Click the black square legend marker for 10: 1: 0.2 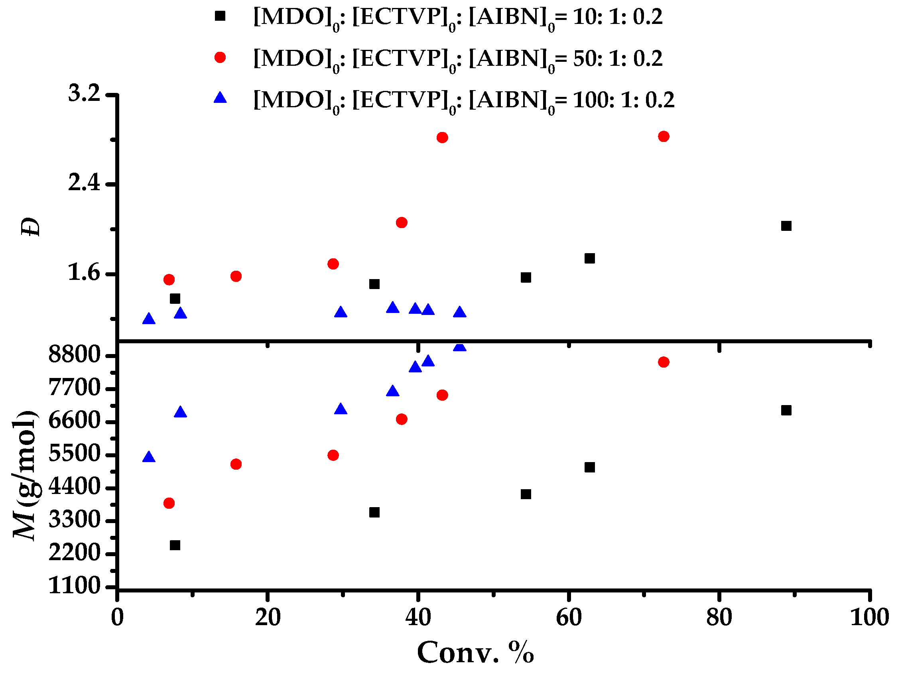point(220,16)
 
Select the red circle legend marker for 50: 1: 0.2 point(220,57)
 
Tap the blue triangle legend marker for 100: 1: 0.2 point(220,98)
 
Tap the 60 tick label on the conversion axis point(568,618)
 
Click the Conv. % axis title point(475,653)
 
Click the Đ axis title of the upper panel point(31,227)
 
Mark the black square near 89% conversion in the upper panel point(786,226)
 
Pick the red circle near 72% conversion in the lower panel point(664,362)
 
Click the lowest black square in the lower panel point(175,545)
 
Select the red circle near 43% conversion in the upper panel point(442,138)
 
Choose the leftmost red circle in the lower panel point(169,503)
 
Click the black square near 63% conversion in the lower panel point(589,467)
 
